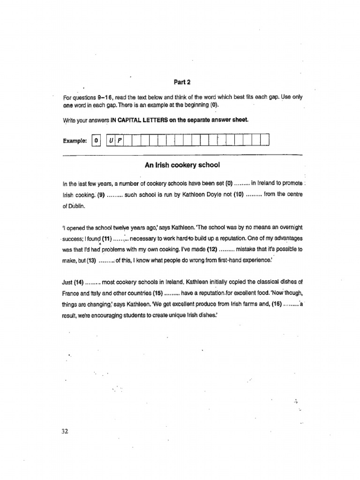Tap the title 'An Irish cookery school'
[183, 165]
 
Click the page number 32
[65, 431]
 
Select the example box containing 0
[96, 140]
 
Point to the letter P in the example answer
[119, 140]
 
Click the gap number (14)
[78, 283]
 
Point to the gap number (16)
[277, 304]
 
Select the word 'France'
[71, 293]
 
